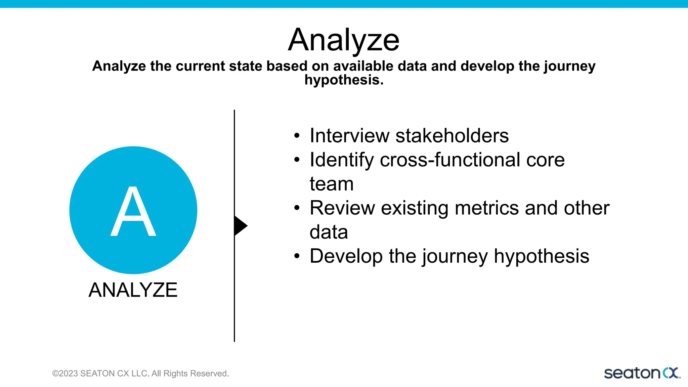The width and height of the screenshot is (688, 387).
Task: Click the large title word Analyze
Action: coord(344,40)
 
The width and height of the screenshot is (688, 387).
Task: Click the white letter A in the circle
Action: coord(133,212)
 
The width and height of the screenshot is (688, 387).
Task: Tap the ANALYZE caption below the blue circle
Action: coord(133,290)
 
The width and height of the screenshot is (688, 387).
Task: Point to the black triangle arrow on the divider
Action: coord(240,226)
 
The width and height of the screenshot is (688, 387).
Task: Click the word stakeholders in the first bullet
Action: coord(452,136)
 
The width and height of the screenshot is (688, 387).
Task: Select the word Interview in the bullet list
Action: coord(349,136)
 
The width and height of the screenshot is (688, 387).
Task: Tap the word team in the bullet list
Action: coord(331,184)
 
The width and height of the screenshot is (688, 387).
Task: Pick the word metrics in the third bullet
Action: coord(486,208)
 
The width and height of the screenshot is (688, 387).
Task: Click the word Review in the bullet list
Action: coord(342,208)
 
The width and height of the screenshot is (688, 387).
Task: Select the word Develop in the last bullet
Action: coord(346,256)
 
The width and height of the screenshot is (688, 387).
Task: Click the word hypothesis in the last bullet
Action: coord(541,256)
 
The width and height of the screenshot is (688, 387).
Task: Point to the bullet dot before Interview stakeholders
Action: coord(296,136)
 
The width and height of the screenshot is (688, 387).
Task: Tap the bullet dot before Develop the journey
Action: coord(296,256)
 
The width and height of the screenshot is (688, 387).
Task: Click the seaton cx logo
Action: coord(642,373)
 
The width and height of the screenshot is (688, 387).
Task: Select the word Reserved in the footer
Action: coord(210,374)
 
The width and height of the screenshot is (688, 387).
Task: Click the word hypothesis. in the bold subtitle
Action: coord(344,80)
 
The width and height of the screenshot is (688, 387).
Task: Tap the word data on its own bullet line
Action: coord(329,232)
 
